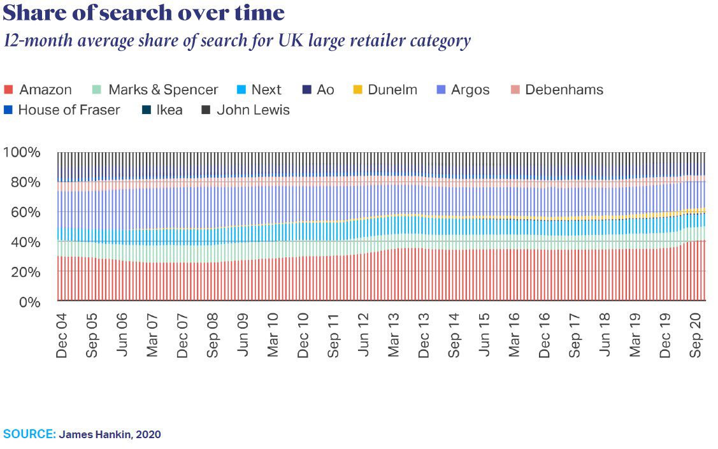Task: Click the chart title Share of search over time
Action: tap(144, 13)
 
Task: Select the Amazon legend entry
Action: tap(45, 90)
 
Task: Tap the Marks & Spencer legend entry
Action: tap(162, 90)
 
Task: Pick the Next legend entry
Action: tap(266, 90)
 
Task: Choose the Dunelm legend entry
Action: tap(392, 90)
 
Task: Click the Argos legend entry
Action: tap(470, 90)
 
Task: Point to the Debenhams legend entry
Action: tap(564, 90)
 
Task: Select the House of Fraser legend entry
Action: tap(69, 110)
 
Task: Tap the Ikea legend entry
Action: tap(169, 110)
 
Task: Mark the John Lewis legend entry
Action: tap(253, 110)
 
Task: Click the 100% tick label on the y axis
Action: tap(22, 153)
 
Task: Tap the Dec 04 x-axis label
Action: tap(62, 334)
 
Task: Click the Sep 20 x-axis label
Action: tap(697, 334)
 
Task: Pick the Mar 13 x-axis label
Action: tap(394, 334)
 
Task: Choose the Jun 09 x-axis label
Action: tap(243, 334)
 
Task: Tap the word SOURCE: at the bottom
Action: tap(30, 434)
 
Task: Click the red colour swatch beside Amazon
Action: tap(9, 90)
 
